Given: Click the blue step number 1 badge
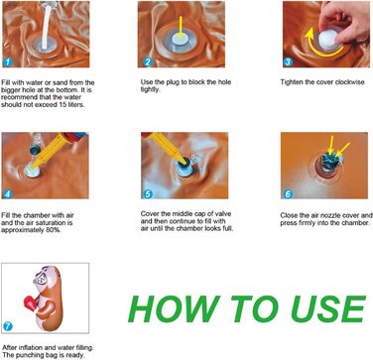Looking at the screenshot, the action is point(7,61).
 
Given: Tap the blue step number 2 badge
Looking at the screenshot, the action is point(148,61).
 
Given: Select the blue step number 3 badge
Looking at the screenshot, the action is point(288,61).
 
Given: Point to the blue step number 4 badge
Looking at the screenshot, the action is point(7,194).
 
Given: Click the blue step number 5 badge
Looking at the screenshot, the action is point(148,194).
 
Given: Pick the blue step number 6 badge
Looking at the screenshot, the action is point(288,194).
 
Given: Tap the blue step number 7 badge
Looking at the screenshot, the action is point(7,327).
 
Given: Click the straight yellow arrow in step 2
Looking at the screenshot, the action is point(181,26).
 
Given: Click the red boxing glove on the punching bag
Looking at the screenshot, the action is point(30,302).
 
